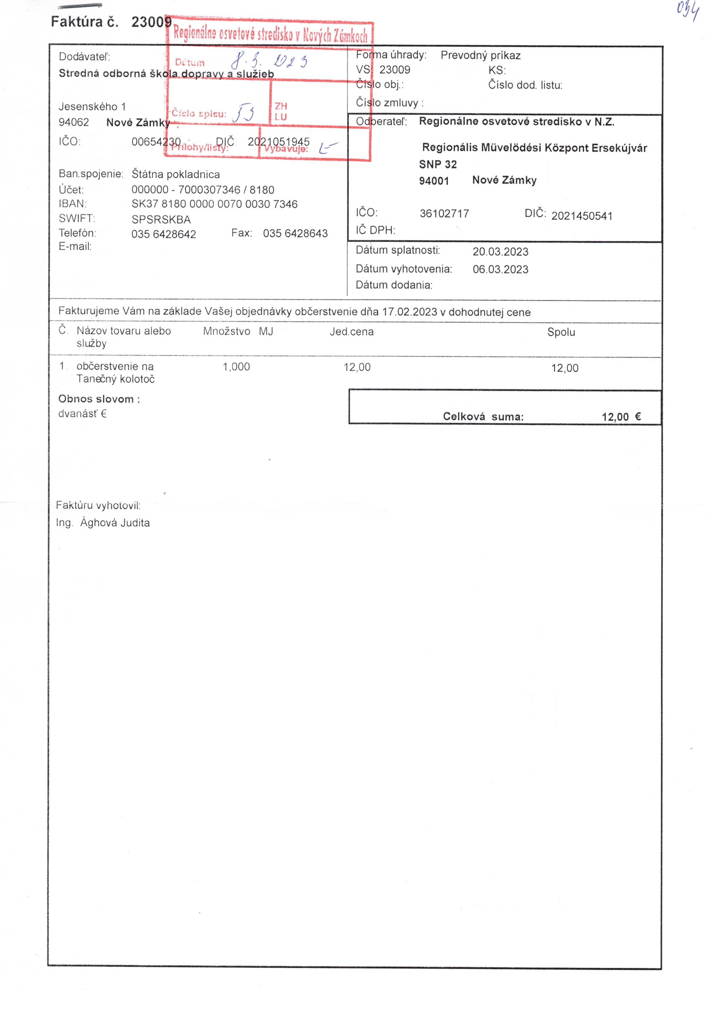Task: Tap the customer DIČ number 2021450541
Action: click(x=581, y=216)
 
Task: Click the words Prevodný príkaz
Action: click(x=480, y=56)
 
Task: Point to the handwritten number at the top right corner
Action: click(x=688, y=11)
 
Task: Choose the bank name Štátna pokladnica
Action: click(x=175, y=175)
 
